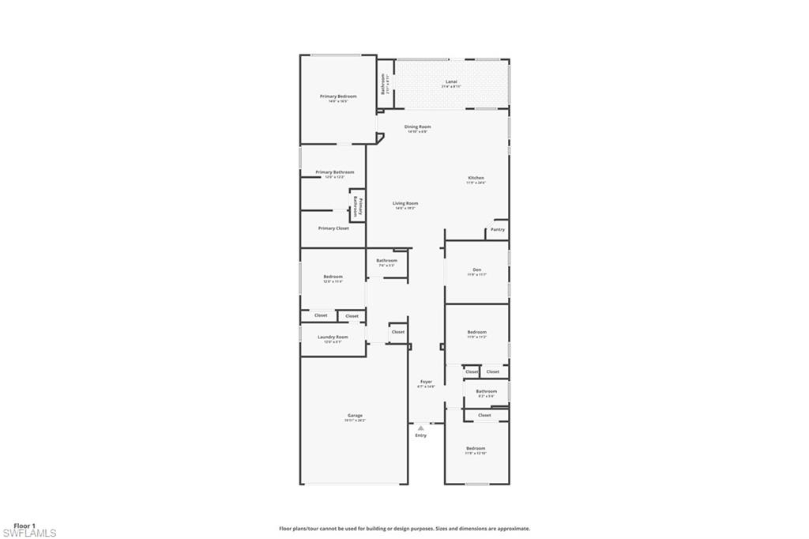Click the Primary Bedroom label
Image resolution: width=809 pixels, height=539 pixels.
pyautogui.click(x=338, y=96)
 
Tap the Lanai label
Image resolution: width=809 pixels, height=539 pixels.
pyautogui.click(x=451, y=81)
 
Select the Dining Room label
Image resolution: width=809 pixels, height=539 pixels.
pyautogui.click(x=418, y=126)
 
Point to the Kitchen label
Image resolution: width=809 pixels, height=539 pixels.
pyautogui.click(x=476, y=178)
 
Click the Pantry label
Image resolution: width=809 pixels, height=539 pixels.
pyautogui.click(x=497, y=229)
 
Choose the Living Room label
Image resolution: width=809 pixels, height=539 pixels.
pyautogui.click(x=406, y=203)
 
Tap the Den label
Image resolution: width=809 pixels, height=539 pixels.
pyautogui.click(x=476, y=269)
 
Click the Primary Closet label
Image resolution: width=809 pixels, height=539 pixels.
pyautogui.click(x=333, y=228)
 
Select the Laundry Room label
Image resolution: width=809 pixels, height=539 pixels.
pyautogui.click(x=333, y=337)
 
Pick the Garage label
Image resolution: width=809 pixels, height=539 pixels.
pyautogui.click(x=356, y=415)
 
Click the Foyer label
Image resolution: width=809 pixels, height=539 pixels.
pyautogui.click(x=426, y=383)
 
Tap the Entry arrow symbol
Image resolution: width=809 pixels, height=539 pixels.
pyautogui.click(x=421, y=428)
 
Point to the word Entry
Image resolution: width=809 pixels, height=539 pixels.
pyautogui.click(x=421, y=435)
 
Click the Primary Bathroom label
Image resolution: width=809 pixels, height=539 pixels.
pyautogui.click(x=334, y=171)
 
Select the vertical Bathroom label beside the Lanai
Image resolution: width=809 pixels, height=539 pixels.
pyautogui.click(x=383, y=84)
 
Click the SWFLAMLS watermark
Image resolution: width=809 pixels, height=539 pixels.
pyautogui.click(x=29, y=533)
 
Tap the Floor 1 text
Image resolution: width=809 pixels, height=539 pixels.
pyautogui.click(x=24, y=525)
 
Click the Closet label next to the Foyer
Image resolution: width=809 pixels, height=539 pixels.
pyautogui.click(x=398, y=332)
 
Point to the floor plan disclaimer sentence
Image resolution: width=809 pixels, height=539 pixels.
pyautogui.click(x=404, y=529)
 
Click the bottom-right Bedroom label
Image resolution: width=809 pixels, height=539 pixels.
pyautogui.click(x=476, y=448)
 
